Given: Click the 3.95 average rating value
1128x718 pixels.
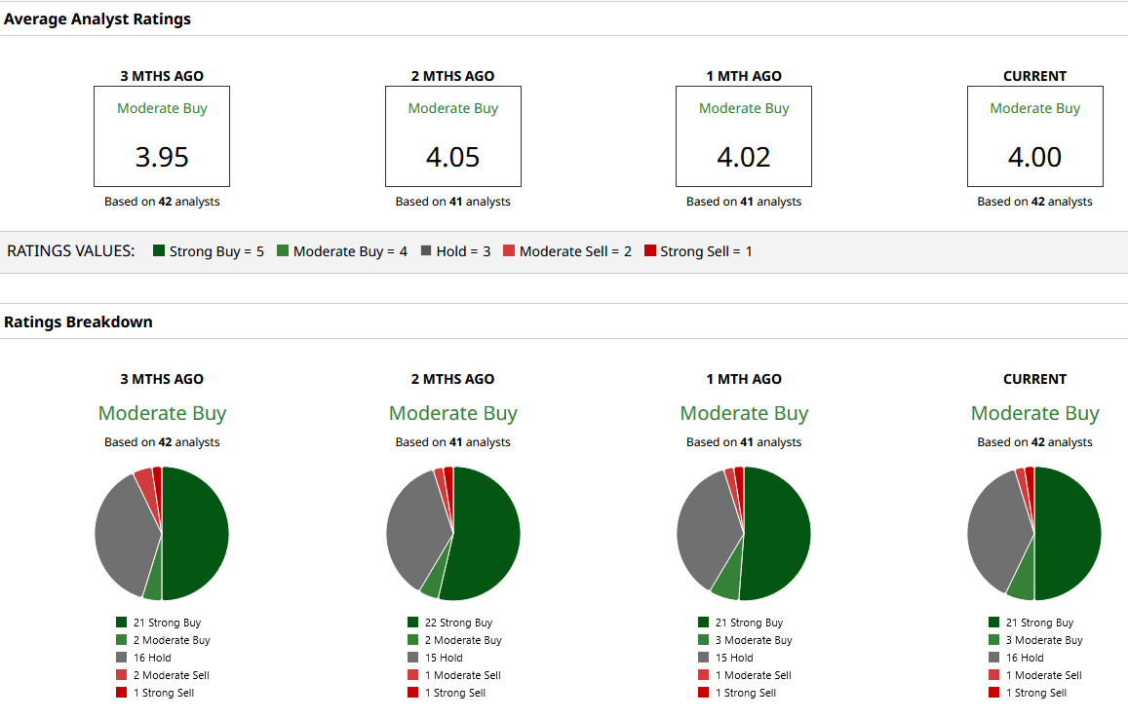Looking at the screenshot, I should click(162, 157).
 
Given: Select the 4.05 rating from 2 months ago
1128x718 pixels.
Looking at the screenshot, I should click(452, 157).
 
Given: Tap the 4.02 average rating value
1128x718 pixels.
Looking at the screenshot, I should click(744, 157).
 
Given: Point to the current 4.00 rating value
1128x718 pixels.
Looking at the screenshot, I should click(1034, 157).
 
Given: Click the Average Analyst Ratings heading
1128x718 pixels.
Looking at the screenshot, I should click(97, 19).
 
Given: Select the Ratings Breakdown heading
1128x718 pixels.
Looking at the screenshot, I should click(78, 321).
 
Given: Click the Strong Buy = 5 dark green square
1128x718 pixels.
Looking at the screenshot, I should click(159, 251).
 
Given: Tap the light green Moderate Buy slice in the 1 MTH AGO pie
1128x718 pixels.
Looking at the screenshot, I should click(726, 581).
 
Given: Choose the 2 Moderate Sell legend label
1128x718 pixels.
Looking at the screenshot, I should click(172, 675).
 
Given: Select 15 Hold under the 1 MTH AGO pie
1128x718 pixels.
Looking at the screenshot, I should click(734, 658).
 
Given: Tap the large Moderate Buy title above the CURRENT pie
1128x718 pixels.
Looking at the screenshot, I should click(1034, 413).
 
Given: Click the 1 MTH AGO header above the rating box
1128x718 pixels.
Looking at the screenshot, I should click(744, 76).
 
